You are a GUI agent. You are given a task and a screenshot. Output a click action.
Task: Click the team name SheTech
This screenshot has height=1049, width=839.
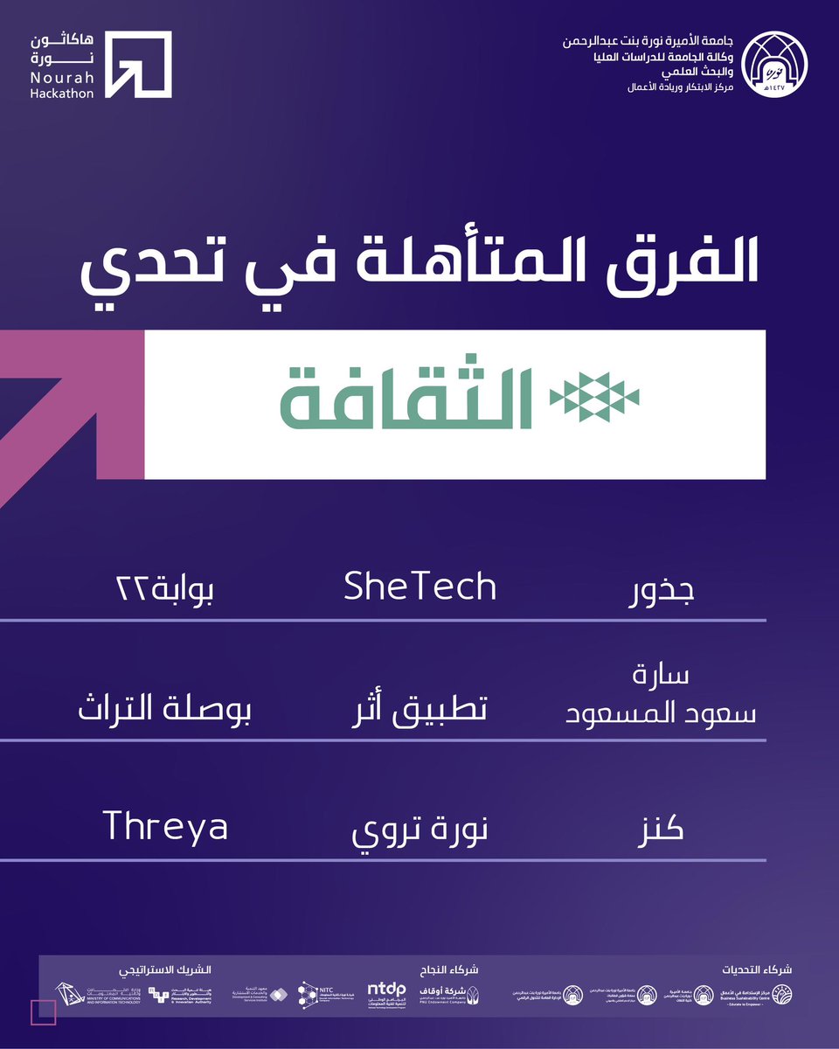(x=420, y=587)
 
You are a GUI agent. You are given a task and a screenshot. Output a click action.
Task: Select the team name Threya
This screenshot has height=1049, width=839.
(x=166, y=825)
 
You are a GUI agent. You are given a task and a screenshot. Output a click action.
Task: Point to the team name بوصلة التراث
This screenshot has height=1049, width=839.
(x=164, y=709)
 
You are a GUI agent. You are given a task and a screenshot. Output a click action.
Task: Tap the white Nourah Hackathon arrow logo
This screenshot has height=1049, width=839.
(x=138, y=64)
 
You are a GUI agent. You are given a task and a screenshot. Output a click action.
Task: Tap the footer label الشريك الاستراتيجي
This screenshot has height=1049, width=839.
(x=165, y=969)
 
